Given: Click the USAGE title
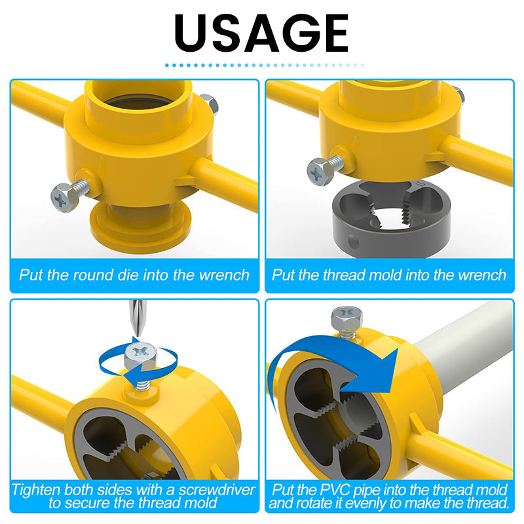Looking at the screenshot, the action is click(x=261, y=33).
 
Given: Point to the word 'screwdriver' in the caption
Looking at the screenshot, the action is click(x=217, y=490).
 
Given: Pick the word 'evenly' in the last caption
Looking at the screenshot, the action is click(x=365, y=503).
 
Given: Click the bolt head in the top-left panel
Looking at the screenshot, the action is click(x=64, y=198).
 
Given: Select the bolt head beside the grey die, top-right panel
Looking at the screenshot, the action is click(x=320, y=172).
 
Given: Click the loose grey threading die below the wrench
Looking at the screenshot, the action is click(x=391, y=219).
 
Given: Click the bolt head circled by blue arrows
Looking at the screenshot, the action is click(x=140, y=356).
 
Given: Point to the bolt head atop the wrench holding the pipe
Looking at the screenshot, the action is click(x=347, y=318).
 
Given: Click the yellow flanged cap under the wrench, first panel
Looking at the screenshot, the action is click(x=140, y=223).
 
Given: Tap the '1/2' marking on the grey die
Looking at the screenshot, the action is click(x=421, y=183).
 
